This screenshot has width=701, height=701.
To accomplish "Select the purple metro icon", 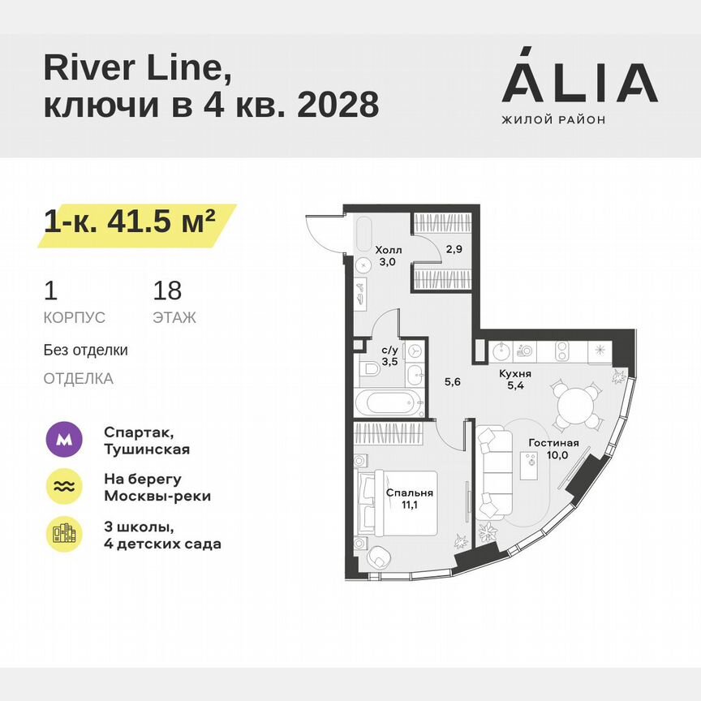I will pos(63,441).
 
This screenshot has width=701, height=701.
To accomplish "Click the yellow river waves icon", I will pos(63,486).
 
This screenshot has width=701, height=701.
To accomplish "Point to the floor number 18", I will pos(167,290).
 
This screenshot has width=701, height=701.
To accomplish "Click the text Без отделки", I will pos(86,350).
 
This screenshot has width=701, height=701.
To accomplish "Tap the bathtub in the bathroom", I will pos(390,403).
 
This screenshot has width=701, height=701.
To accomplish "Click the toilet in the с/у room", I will pos(369,372).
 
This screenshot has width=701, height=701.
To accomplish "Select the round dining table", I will pos(578,403).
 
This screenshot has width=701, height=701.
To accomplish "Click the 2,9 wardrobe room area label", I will pos(453,250).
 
